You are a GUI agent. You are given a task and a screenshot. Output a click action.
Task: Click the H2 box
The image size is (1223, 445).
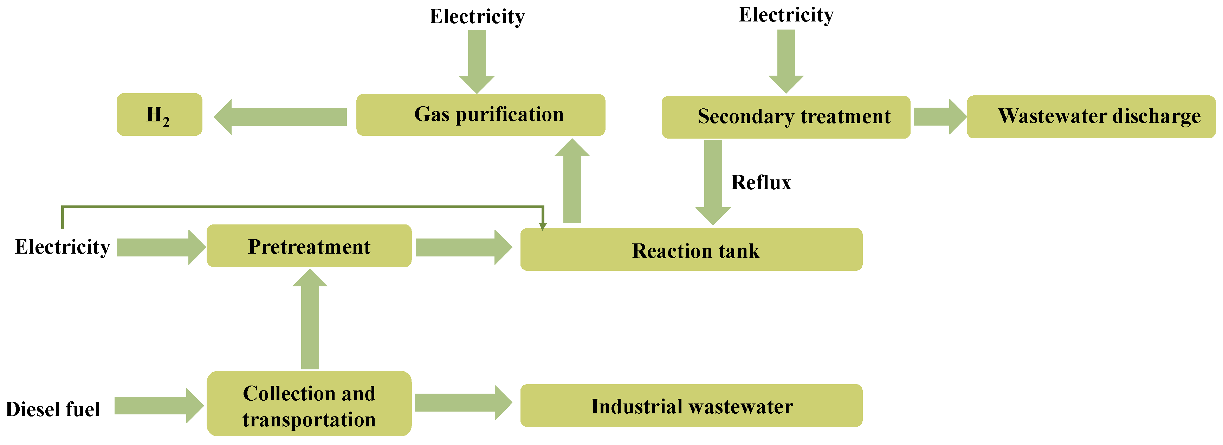159,115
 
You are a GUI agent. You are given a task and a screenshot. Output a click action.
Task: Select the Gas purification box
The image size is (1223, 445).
480,115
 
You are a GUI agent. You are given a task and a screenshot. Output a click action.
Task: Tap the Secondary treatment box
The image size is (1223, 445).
786,117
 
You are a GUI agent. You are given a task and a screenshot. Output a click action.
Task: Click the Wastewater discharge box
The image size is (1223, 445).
1091,116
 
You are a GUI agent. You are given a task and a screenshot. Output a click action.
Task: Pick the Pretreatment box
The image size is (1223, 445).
309,246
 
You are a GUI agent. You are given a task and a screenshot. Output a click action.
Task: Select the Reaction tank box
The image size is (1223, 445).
691,250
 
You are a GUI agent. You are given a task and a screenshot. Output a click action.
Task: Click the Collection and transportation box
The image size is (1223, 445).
309,403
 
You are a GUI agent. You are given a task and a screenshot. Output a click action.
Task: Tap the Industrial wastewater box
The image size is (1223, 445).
691,406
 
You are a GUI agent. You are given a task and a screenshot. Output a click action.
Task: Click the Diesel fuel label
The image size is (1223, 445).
53,409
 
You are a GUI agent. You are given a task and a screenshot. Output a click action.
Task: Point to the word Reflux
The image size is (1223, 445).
761,183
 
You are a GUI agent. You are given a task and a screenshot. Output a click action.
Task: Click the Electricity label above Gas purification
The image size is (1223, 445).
477,17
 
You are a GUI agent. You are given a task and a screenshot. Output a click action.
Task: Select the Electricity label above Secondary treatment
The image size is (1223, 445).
786,15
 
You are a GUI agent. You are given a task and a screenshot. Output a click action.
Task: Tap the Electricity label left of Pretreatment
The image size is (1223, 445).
62,247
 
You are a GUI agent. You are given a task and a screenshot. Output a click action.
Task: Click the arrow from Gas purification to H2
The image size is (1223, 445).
280,117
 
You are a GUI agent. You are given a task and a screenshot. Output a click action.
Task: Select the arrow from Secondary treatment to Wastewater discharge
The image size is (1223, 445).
939,117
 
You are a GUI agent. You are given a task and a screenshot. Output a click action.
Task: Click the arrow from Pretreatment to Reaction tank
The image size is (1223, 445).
463,247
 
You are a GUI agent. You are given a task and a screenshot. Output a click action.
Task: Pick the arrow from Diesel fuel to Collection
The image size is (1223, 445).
158,406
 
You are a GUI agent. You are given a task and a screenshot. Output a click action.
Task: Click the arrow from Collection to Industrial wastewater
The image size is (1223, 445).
462,403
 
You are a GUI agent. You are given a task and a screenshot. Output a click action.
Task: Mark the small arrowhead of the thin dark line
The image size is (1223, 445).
543,226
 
